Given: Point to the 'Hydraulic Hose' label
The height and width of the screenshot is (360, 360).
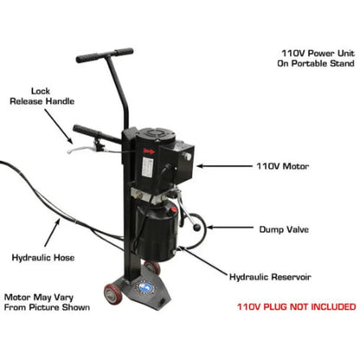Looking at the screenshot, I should [41, 257].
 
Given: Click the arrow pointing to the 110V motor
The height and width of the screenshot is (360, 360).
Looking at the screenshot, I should [226, 164].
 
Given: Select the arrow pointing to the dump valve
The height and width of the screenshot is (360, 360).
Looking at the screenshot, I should [226, 228].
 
